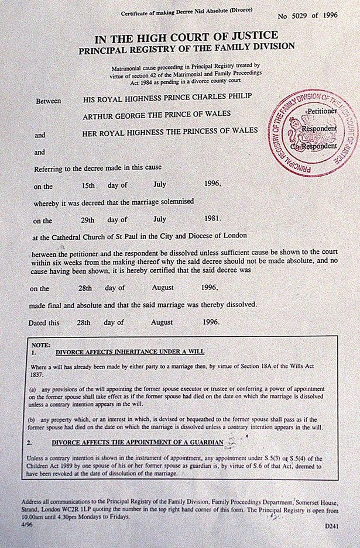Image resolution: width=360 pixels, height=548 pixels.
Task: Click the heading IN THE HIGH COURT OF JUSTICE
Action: [x=187, y=39]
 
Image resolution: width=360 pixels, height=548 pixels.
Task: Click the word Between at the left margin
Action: [x=49, y=101]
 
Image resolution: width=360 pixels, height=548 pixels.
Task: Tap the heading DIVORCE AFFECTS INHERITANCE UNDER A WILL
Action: [x=126, y=353]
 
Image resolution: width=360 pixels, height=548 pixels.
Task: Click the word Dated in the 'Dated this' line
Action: [x=40, y=322]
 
